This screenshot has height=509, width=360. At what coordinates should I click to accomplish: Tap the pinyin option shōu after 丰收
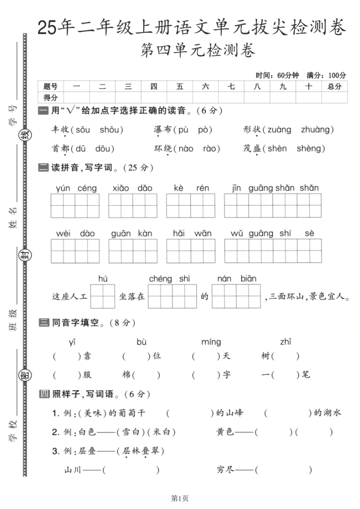[x=110, y=130]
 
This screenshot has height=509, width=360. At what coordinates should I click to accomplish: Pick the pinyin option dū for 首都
[x=80, y=148]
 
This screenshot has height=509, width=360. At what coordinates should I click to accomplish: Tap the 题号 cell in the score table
[x=51, y=86]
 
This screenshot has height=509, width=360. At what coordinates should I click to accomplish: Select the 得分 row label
[x=51, y=97]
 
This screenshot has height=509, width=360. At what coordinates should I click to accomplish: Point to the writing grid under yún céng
[x=76, y=206]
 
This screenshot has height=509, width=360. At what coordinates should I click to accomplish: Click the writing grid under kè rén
[x=191, y=206]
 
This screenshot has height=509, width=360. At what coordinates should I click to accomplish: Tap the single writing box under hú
[x=103, y=297]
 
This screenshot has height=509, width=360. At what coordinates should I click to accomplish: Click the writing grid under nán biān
[x=237, y=297]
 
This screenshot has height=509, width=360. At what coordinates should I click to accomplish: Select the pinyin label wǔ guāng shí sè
[x=272, y=233]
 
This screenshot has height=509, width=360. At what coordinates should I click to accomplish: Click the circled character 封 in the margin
[x=24, y=255]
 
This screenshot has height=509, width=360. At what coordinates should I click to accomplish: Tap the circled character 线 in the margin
[x=24, y=133]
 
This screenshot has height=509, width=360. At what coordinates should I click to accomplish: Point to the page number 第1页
[x=180, y=498]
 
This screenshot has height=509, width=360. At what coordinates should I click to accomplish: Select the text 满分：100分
[x=326, y=75]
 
